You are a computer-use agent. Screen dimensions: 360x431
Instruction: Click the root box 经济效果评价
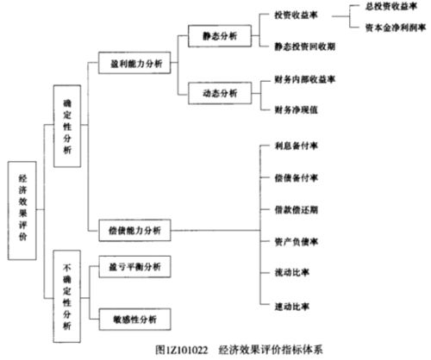pyautogui.click(x=22, y=209)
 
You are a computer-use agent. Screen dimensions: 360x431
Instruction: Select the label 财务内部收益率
pyautogui.click(x=305, y=79)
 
